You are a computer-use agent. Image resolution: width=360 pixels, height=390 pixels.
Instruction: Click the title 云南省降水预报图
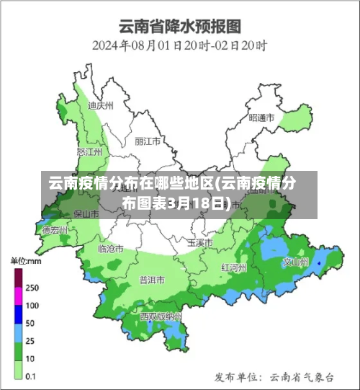[179, 27]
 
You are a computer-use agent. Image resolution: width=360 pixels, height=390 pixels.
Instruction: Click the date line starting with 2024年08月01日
[179, 45]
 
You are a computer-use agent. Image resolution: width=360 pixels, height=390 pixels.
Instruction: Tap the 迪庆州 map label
[100, 105]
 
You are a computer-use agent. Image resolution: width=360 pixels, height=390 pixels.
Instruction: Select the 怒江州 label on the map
[89, 152]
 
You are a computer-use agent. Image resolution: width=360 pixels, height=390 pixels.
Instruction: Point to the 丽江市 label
[148, 141]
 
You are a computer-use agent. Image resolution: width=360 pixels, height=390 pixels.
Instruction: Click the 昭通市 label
[261, 117]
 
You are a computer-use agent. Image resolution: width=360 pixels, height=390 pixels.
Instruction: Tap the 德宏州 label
[55, 231]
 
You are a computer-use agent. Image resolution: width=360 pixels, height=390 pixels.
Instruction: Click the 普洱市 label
[152, 279]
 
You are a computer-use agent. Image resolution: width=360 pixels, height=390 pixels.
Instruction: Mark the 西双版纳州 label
[161, 316]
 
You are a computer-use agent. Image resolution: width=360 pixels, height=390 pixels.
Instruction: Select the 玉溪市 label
[200, 242]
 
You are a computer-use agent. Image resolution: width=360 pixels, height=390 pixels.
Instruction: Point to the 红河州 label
[234, 267]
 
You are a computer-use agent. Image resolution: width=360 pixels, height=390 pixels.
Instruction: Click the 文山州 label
[295, 262]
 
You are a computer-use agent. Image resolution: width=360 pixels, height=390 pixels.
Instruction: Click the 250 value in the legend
[32, 287]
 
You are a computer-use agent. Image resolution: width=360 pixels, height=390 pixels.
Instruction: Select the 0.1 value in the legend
[32, 376]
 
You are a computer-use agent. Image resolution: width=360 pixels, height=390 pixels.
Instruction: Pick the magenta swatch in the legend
[19, 296]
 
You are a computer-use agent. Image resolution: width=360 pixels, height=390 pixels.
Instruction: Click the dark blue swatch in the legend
[19, 314]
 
